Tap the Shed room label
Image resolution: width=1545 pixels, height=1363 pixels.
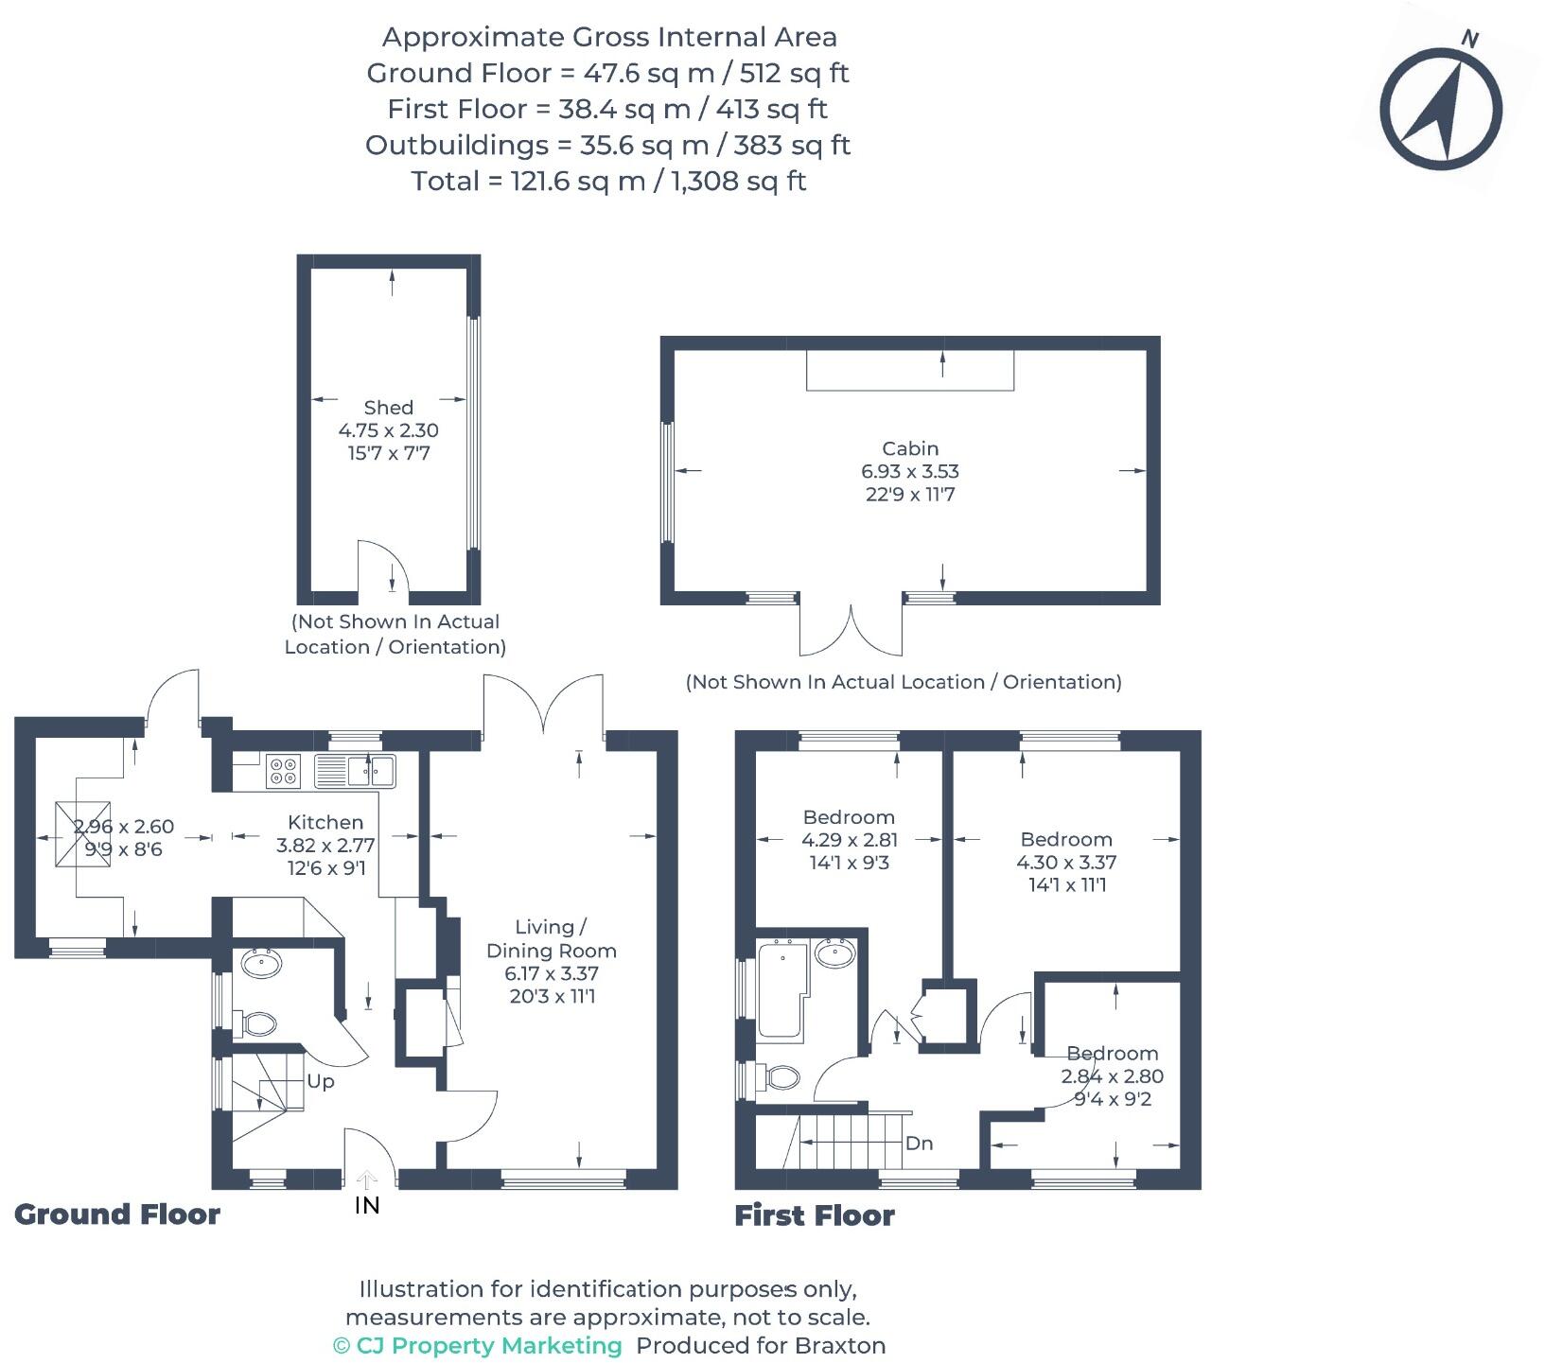[388, 408]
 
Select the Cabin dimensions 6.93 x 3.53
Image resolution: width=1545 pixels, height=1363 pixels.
[909, 471]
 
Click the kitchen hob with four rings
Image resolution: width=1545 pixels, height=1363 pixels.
[282, 771]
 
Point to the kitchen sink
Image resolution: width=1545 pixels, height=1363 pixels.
[360, 771]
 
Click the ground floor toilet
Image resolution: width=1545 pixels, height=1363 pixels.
[258, 1023]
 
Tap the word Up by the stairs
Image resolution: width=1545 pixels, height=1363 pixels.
[320, 1081]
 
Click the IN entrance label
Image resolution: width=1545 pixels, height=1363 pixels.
[367, 1205]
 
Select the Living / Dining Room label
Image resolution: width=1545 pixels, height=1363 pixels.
[551, 938]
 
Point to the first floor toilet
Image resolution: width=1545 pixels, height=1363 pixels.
[781, 1076]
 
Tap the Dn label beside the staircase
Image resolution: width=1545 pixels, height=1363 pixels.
[919, 1143]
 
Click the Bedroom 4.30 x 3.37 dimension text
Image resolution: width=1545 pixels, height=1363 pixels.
[1066, 863]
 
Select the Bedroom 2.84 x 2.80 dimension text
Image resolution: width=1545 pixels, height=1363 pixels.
[1112, 1076]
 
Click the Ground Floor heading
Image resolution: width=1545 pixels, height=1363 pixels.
[117, 1214]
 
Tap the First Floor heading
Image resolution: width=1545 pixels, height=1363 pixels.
[814, 1215]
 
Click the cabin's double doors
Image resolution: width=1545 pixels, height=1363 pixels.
[851, 630]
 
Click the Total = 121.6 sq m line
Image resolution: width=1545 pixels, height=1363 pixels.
[608, 181]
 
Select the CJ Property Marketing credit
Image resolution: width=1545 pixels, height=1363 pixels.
[478, 1345]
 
